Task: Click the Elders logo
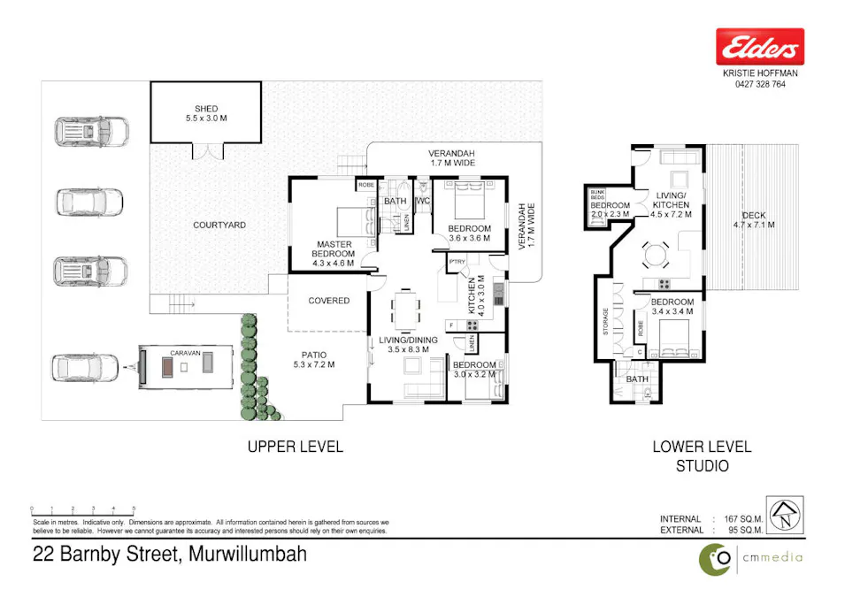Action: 759,46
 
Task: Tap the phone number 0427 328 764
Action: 759,85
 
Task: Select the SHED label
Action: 205,113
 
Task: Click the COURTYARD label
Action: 219,226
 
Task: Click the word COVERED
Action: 328,301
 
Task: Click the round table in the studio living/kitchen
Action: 656,256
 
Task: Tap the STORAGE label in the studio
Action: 605,323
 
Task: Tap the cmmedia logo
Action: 750,557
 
